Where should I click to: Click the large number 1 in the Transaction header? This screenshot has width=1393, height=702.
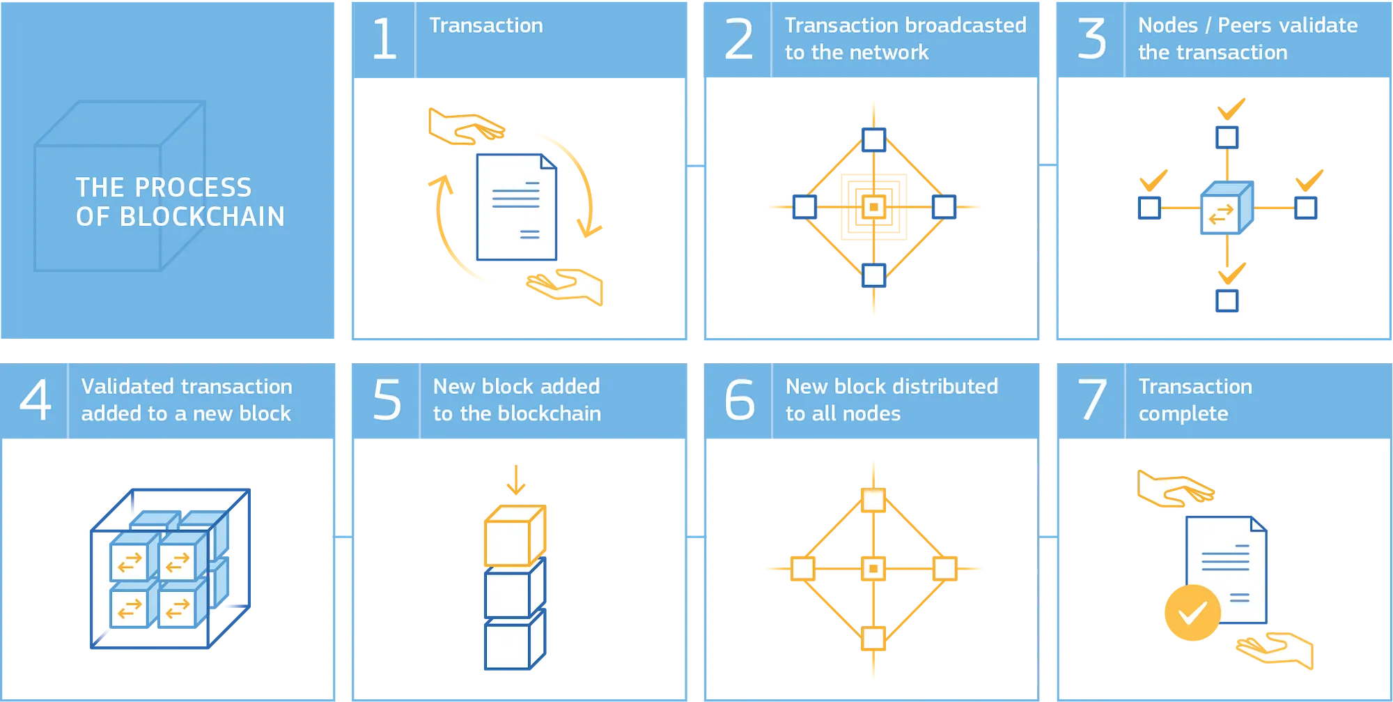click(x=384, y=40)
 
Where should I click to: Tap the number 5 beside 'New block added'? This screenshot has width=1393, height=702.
click(x=387, y=400)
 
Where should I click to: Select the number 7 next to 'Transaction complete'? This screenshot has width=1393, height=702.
click(x=1092, y=400)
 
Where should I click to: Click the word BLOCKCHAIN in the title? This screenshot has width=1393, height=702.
click(x=202, y=217)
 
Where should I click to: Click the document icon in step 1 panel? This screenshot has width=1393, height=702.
click(x=516, y=208)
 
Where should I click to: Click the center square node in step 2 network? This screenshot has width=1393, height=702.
click(x=873, y=207)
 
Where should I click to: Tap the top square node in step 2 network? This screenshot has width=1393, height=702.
click(x=873, y=139)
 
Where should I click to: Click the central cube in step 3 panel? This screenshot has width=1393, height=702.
click(x=1226, y=208)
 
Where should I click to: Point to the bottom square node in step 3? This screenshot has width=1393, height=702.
click(x=1227, y=301)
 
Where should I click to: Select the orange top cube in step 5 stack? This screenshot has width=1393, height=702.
click(x=514, y=535)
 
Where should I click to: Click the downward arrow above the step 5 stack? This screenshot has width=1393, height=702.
click(x=515, y=481)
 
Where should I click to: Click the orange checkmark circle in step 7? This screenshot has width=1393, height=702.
click(x=1191, y=613)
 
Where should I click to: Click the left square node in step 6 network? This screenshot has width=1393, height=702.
click(x=802, y=568)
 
